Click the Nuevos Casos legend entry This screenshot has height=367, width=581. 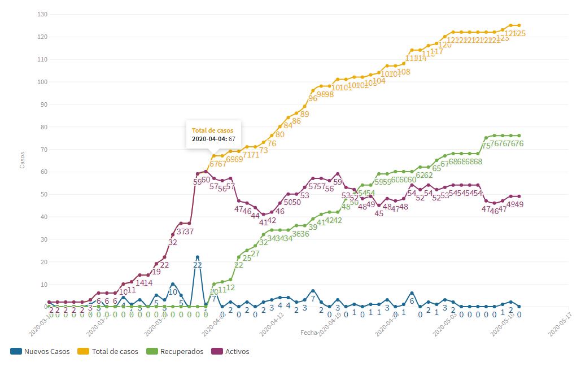coord(41,351)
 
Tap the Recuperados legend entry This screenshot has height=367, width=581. coord(176,351)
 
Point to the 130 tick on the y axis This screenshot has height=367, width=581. coord(41,14)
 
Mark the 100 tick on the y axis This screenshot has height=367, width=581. coord(41,82)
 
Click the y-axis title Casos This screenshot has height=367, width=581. coord(23,160)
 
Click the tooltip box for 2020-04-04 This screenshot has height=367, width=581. coord(215,134)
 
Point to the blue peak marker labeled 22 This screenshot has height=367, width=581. coord(198,257)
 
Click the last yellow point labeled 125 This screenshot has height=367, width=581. coord(519,25)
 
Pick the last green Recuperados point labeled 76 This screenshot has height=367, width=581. coord(519,136)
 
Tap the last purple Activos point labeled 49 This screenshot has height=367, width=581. coord(519,196)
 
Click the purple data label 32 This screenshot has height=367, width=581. coord(173,242)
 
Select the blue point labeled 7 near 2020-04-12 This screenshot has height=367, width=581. coord(313,291)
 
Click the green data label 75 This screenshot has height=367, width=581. coord(486,146)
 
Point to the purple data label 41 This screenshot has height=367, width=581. coord(263,222)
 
